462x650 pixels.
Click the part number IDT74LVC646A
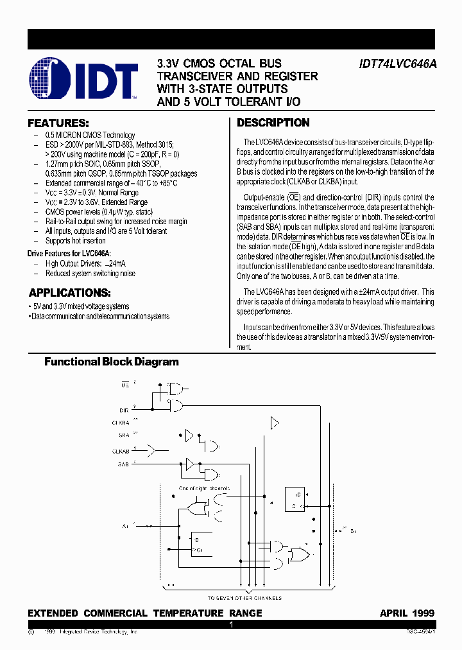pos(396,64)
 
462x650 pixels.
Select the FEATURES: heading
pos(58,123)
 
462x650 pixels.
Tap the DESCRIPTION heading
pos(273,123)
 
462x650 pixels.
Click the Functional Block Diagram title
pos(112,362)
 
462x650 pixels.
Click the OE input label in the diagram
pos(125,385)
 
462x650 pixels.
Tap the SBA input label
pos(124,435)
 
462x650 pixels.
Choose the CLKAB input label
pos(121,450)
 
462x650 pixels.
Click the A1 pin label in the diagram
pos(124,525)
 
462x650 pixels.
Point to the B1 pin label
pos(352,532)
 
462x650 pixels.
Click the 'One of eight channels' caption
pos(204,489)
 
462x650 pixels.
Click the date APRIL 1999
pos(407,613)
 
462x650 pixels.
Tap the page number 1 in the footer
pos(231,624)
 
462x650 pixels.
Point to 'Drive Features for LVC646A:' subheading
pos(69,254)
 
